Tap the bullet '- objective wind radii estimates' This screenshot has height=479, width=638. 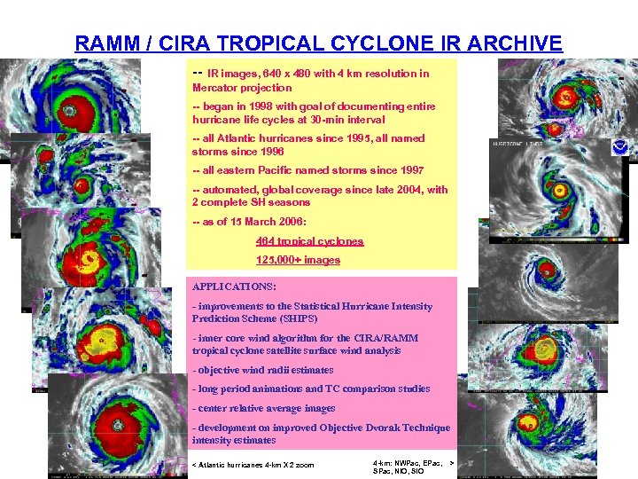pos(263,370)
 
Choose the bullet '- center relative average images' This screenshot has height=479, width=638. pos(263,408)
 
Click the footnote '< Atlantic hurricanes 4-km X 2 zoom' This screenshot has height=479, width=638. pos(253,465)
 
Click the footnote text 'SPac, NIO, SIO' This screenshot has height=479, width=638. pos(399,471)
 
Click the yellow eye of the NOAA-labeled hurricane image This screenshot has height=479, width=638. pos(559,190)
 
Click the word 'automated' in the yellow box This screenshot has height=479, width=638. pos(225,190)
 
